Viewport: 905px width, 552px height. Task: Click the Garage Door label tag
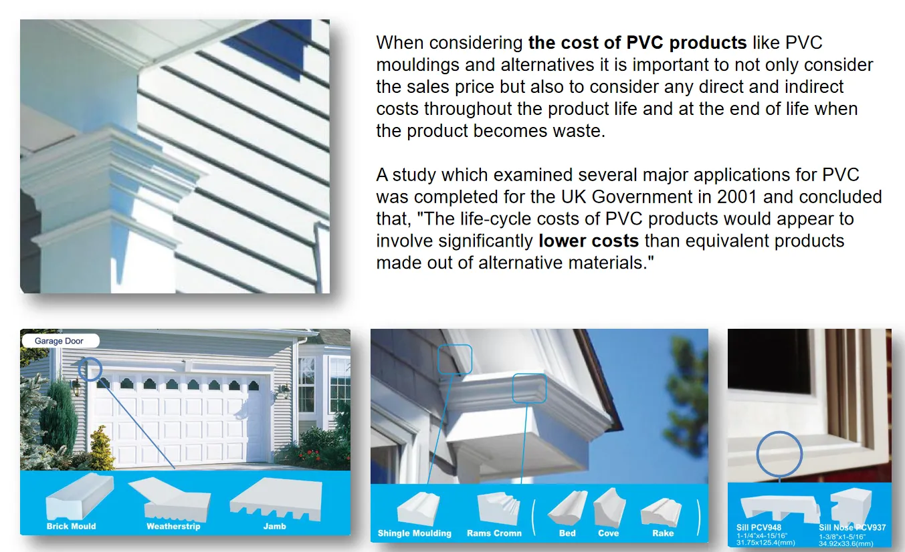[60, 341]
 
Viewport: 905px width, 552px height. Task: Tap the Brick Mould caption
[71, 526]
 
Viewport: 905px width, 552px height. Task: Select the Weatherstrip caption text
[173, 526]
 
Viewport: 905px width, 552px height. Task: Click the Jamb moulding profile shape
[276, 500]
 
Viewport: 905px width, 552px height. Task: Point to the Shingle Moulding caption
[415, 533]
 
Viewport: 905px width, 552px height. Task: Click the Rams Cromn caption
[494, 533]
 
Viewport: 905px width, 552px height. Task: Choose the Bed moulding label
[567, 533]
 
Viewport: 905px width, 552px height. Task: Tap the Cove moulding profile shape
[609, 507]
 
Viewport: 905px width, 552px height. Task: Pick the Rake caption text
[663, 533]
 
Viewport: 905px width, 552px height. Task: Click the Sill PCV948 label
[759, 527]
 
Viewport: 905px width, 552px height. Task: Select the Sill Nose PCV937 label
[852, 527]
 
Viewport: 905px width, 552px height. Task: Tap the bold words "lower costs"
[589, 241]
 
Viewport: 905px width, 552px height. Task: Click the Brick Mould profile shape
[80, 497]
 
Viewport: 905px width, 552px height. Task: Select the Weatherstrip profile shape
[170, 500]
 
